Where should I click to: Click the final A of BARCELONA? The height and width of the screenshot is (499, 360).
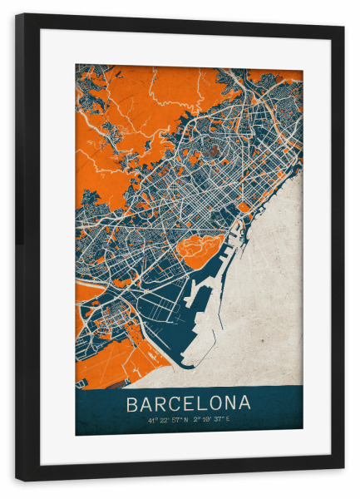coord(244,403)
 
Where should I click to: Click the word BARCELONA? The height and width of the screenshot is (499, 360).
coord(188,403)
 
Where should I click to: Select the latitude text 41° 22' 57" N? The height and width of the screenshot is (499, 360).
coord(169,421)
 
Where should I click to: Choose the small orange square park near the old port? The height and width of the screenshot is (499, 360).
coord(244,207)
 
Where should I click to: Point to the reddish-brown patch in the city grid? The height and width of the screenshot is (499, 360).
coord(215,151)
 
